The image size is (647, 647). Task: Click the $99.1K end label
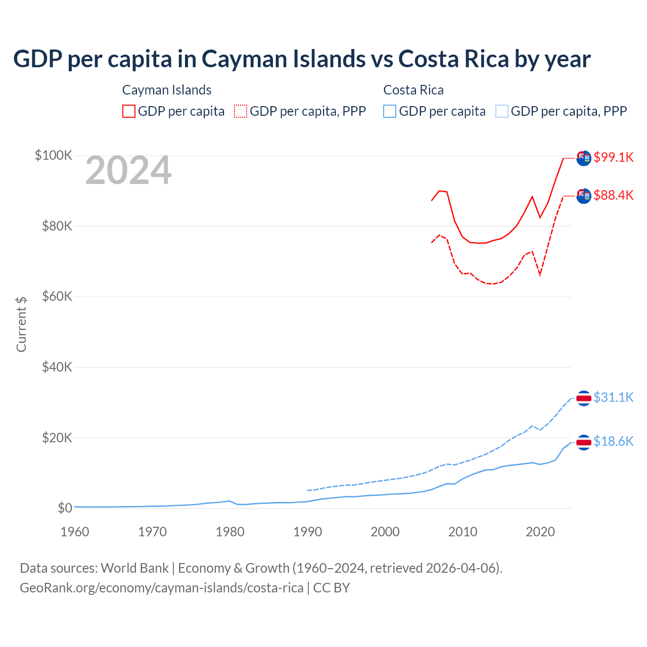[x=613, y=157]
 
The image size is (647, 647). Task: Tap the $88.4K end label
[x=613, y=195]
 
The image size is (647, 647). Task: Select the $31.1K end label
[x=613, y=397]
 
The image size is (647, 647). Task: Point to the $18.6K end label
[x=613, y=441]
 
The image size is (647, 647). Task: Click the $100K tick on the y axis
[x=54, y=155]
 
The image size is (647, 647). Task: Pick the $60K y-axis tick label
[x=57, y=296]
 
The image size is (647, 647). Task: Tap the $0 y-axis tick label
[x=65, y=508]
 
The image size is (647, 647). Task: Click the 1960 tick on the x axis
[x=75, y=532]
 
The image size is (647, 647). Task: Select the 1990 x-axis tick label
[x=307, y=532]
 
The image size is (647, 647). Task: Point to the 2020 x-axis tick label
[x=540, y=532]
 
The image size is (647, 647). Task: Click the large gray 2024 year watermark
[x=128, y=171]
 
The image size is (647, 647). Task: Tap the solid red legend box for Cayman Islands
[x=129, y=111]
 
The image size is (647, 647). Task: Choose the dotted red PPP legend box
[x=241, y=111]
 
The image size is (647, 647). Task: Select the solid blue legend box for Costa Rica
[x=390, y=111]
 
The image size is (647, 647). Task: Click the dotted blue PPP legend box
[x=502, y=111]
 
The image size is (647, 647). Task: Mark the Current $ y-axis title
[x=21, y=324]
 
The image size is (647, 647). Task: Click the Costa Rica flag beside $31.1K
[x=584, y=398]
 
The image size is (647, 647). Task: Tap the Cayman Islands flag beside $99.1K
[x=584, y=158]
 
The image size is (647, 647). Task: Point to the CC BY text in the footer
[x=332, y=588]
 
